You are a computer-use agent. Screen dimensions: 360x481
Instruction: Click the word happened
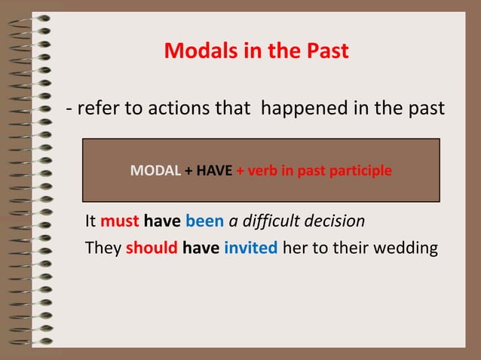point(302,110)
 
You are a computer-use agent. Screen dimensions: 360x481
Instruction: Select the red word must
point(119,222)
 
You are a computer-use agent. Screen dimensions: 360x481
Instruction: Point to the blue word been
point(205,222)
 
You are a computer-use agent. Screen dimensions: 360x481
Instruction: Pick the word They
point(103,248)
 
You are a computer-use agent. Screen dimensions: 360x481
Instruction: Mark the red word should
point(152,248)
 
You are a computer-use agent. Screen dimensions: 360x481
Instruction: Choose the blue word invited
point(251,248)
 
